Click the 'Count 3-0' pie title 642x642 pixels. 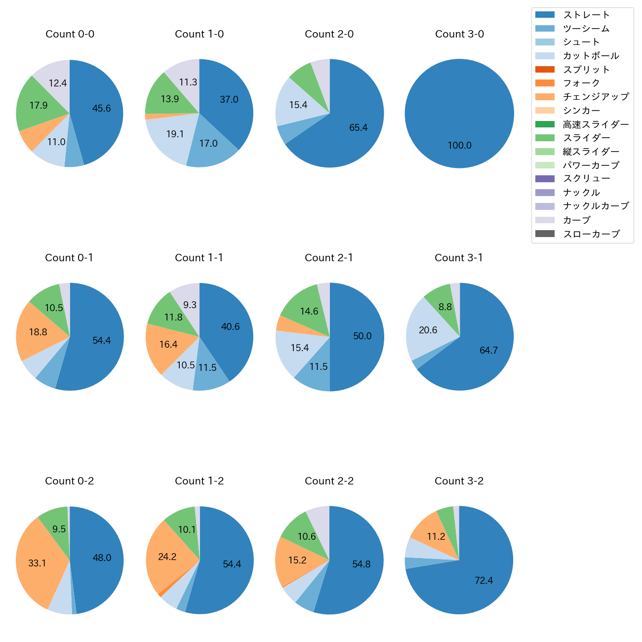(x=459, y=34)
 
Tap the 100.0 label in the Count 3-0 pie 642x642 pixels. (x=460, y=146)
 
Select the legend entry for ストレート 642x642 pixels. (x=586, y=15)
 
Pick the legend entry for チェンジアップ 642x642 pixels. (x=596, y=97)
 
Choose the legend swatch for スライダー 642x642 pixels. (x=545, y=138)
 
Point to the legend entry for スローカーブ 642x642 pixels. (x=591, y=234)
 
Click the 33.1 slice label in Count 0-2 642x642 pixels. (x=37, y=563)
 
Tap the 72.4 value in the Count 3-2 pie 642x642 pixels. (x=484, y=581)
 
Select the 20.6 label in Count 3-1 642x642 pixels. (x=428, y=330)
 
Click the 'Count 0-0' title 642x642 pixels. (x=70, y=34)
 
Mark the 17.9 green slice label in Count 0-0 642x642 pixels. (x=39, y=106)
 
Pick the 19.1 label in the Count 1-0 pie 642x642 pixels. (x=175, y=134)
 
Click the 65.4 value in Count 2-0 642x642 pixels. (x=359, y=128)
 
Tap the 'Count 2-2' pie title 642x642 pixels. (x=329, y=481)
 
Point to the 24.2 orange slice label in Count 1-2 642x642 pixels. (x=167, y=557)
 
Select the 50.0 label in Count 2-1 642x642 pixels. (x=362, y=336)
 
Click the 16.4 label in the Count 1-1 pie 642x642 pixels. (x=168, y=344)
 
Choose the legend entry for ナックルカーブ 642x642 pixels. (x=596, y=206)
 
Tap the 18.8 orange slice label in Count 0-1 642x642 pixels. (x=38, y=332)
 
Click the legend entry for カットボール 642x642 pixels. (x=591, y=56)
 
